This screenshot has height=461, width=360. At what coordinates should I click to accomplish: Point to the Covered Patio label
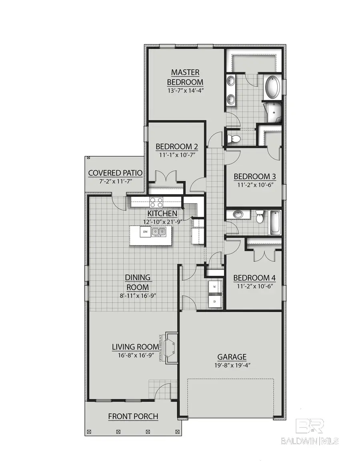116,173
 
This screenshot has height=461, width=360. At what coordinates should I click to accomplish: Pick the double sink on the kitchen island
159,231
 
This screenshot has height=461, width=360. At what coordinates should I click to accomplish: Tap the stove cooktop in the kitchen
156,202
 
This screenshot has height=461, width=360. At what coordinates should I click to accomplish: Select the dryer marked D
215,301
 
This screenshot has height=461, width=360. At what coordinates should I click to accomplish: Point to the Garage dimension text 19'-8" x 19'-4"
232,365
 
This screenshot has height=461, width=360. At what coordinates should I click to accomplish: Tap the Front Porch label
133,417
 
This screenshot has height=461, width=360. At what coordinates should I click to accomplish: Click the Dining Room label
137,282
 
